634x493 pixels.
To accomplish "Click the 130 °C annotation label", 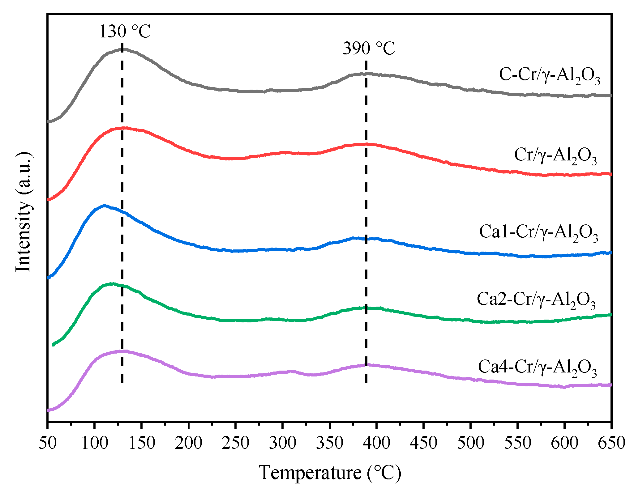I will coord(125,32).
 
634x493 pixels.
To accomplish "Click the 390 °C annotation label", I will coord(369,49).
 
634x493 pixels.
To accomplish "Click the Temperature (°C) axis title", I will coord(330,473).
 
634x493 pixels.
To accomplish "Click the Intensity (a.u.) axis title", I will coord(24,212).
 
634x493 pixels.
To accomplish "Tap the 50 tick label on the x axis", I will coord(47,443).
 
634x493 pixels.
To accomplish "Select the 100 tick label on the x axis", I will coord(94,443).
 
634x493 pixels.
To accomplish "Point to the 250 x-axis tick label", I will coord(235,443).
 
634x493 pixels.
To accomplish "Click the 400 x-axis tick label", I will coord(376,443).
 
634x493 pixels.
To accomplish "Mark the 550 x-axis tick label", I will coord(517,443).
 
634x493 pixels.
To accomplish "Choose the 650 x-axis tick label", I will coord(611,443).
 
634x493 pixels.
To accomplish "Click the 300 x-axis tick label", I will coord(282,443).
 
